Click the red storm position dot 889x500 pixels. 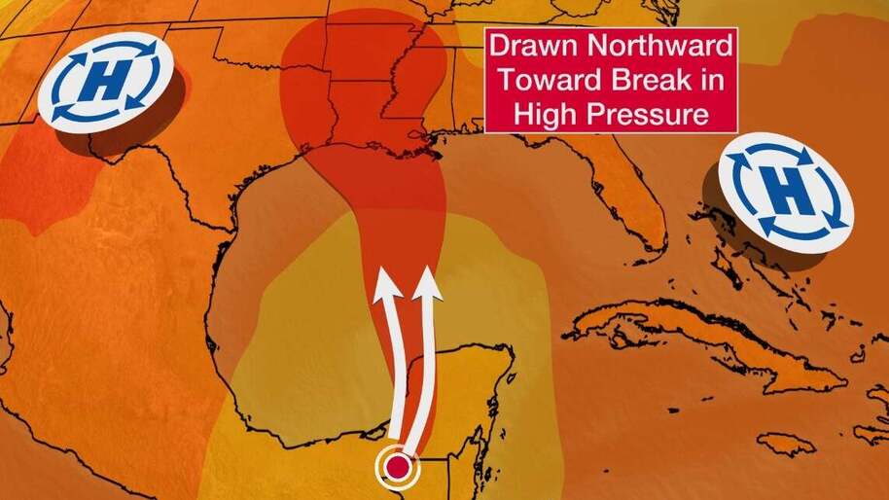[x=397, y=469]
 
